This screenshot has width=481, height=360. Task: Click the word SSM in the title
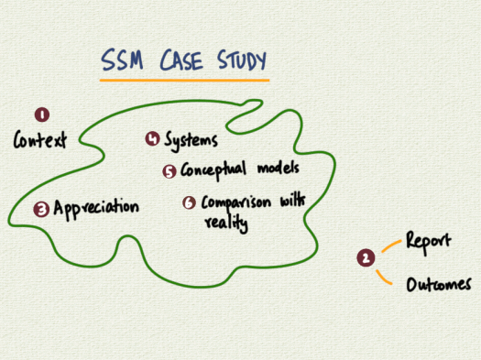pos(122,62)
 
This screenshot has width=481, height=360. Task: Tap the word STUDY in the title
pos(236,62)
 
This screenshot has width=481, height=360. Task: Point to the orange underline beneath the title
pos(183,81)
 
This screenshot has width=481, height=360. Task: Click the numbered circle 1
pos(41,115)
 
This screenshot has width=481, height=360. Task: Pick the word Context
pos(40,142)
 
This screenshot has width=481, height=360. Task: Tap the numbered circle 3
pos(41,209)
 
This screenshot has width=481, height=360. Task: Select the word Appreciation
pos(96,208)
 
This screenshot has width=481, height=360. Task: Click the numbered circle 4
pos(152,139)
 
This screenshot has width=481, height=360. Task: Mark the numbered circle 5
pos(169,171)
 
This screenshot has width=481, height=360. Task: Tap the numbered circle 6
pos(189,202)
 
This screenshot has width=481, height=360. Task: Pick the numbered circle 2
pos(366,258)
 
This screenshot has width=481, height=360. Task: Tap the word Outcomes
pos(439,285)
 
